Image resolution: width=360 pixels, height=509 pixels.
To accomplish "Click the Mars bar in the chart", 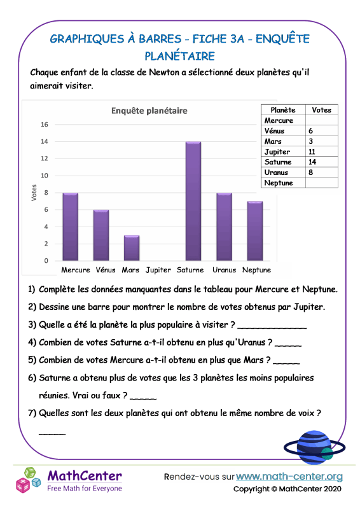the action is click(132, 248).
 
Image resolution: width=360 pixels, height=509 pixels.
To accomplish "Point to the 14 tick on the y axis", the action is click(45, 141).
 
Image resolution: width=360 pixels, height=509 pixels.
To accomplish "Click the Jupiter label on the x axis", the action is click(158, 270).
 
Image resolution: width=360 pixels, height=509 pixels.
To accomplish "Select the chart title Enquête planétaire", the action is click(149, 111).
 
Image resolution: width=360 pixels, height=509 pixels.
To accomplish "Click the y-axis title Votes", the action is click(34, 193).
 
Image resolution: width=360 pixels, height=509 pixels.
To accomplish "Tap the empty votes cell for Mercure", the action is click(321, 120).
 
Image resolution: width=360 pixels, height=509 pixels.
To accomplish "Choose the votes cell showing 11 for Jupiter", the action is click(321, 152).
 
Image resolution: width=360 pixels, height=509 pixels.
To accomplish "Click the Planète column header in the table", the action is click(283, 110).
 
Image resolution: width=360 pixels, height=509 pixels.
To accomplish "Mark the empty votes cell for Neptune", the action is click(321, 183).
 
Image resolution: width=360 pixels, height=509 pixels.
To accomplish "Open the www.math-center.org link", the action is click(289, 476).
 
